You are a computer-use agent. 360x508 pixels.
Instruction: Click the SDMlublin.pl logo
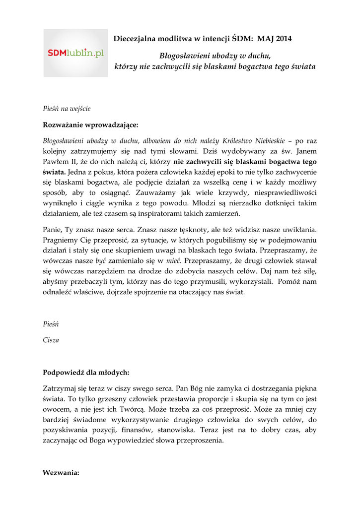click(x=75, y=53)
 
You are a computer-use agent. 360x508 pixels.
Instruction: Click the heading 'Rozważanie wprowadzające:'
click(x=91, y=124)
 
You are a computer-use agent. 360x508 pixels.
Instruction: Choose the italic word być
click(x=101, y=261)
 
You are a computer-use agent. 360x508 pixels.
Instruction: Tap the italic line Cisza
click(x=51, y=340)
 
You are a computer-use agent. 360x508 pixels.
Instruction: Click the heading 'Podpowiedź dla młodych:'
click(x=86, y=372)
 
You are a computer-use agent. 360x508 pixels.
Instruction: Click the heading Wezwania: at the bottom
click(x=61, y=473)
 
